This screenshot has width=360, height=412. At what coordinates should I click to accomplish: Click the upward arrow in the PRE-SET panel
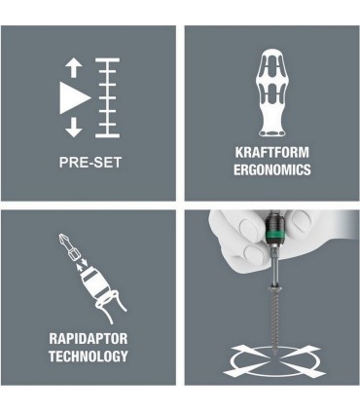pyautogui.click(x=74, y=68)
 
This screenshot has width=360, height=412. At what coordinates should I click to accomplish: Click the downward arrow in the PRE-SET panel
pyautogui.click(x=74, y=127)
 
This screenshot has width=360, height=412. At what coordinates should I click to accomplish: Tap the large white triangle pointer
pyautogui.click(x=74, y=97)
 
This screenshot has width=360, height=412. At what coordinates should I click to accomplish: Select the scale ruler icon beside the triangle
pyautogui.click(x=107, y=97)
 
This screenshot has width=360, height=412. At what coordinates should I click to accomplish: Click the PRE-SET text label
pyautogui.click(x=90, y=163)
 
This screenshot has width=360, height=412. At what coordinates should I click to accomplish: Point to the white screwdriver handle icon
pyautogui.click(x=272, y=93)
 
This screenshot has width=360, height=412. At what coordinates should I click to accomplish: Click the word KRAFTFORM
pyautogui.click(x=272, y=152)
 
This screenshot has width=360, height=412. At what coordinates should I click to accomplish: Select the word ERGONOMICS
pyautogui.click(x=272, y=169)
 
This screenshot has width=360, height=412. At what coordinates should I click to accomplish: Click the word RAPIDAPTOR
pyautogui.click(x=89, y=339)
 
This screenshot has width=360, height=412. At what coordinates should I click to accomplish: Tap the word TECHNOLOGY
pyautogui.click(x=89, y=356)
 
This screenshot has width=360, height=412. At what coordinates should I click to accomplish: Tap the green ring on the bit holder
pyautogui.click(x=275, y=233)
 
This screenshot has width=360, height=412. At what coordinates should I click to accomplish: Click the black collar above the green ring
pyautogui.click(x=275, y=221)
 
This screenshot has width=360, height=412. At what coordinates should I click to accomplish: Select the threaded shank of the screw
pyautogui.click(x=274, y=319)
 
